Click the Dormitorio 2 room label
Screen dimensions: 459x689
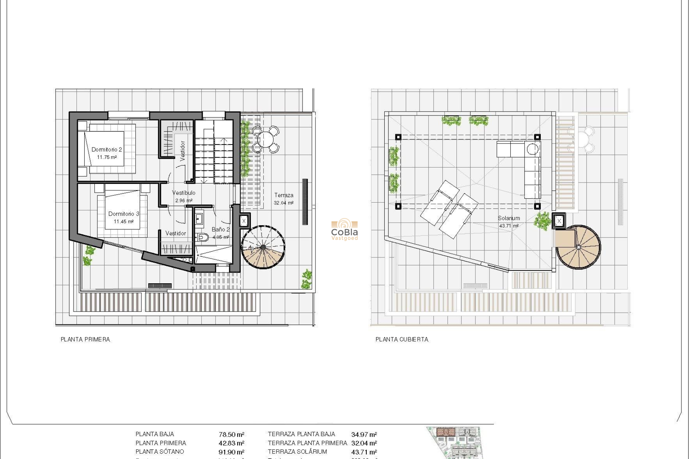pos(107,150)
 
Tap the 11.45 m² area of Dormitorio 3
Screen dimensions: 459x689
pos(123,222)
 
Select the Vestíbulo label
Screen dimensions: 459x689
pos(183,193)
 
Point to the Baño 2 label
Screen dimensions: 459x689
pos(220,229)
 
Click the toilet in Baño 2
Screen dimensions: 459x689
pos(203,237)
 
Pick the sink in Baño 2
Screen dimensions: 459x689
pos(199,218)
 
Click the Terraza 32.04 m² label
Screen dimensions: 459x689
pos(283,199)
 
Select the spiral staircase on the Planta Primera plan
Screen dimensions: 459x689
pos(263,247)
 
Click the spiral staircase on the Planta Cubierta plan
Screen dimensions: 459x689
pos(578,247)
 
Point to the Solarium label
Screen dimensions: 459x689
pos(508,218)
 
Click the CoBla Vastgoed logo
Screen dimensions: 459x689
pos(344,229)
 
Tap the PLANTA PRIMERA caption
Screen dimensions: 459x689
pos(85,339)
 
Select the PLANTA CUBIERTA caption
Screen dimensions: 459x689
pos(402,339)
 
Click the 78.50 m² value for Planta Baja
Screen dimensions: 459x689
pos(231,434)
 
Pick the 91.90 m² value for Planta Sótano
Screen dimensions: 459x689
pos(231,452)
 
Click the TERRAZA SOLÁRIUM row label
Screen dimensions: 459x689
pos(297,452)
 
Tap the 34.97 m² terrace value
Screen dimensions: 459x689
pos(364,434)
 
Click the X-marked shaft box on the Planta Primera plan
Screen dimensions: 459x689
pos(244,221)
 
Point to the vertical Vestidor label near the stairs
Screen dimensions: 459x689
pos(182,150)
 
